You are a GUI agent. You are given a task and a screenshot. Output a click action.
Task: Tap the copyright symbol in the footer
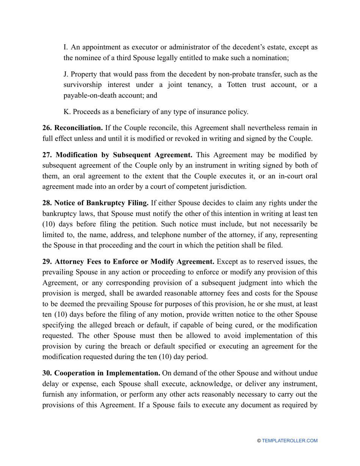tap(259, 441)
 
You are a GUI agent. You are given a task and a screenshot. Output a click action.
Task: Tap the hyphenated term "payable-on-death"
tap(88, 96)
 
